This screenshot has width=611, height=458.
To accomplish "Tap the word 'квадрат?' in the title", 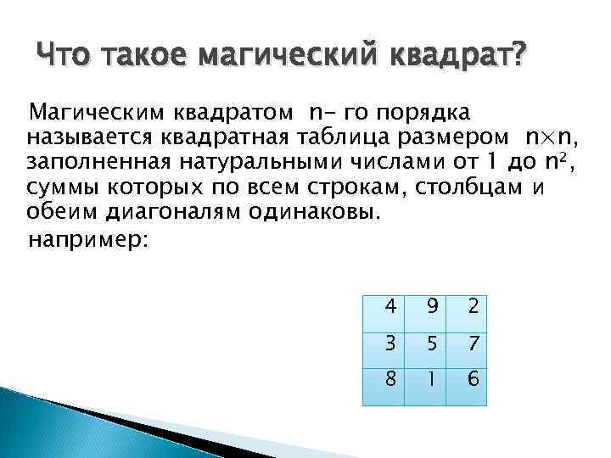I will coord(457,59).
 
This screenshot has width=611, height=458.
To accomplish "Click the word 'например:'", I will coord(88,240).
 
